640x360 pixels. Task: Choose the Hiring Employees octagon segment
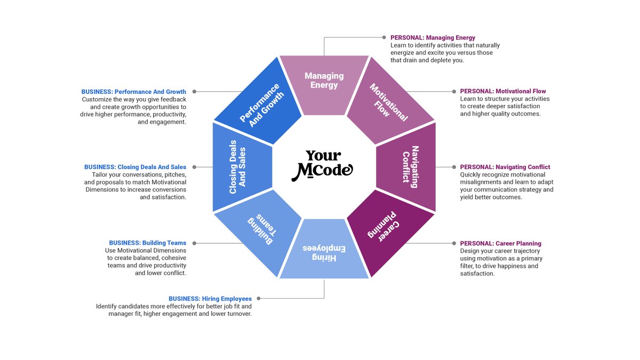pyautogui.click(x=324, y=252)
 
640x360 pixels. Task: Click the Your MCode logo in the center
pyautogui.click(x=323, y=165)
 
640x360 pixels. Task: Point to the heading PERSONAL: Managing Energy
pyautogui.click(x=433, y=38)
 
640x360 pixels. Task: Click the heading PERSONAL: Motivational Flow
pyautogui.click(x=503, y=91)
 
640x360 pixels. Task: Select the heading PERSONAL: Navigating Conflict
pyautogui.click(x=505, y=167)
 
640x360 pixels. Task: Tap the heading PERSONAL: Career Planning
pyautogui.click(x=501, y=243)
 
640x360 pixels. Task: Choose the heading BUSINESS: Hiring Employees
pyautogui.click(x=210, y=299)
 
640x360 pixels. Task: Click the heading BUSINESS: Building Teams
pyautogui.click(x=148, y=243)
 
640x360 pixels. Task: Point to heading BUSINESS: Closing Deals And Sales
pyautogui.click(x=135, y=167)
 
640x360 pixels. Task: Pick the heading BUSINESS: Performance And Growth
pyautogui.click(x=134, y=92)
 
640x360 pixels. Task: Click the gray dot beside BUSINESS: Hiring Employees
pyautogui.click(x=259, y=299)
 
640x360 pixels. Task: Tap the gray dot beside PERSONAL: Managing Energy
pyautogui.click(x=384, y=38)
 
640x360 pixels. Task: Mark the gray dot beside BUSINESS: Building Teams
pyautogui.click(x=194, y=243)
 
